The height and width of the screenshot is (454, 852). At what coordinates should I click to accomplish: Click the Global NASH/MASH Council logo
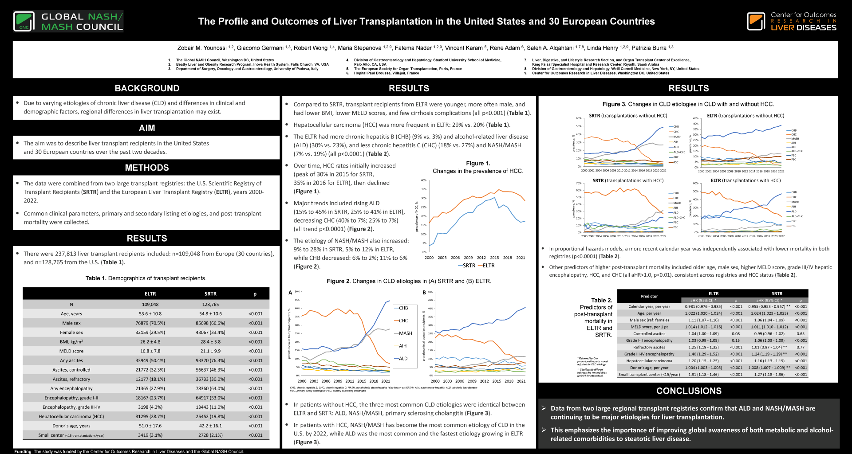pos(68,21)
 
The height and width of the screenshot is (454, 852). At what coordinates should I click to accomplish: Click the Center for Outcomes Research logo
pos(792,21)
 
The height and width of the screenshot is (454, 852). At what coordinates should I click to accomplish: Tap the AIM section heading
pos(147,128)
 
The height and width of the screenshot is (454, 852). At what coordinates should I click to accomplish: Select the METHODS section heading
pos(147,168)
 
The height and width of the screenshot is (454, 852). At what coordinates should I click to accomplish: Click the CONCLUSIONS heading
pos(689,391)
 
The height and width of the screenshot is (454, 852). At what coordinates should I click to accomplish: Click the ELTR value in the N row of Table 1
pos(150,305)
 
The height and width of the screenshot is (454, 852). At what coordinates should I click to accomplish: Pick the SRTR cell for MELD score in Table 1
pos(210,351)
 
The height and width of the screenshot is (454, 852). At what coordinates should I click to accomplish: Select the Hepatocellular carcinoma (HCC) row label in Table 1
pos(71,417)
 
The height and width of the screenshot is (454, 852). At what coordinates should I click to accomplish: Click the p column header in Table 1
pos(255,294)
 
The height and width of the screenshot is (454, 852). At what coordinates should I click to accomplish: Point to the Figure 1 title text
pos(478,167)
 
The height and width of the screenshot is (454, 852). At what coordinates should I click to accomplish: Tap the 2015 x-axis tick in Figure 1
pos(494,258)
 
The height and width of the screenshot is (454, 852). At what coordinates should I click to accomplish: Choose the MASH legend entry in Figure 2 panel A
pos(405,333)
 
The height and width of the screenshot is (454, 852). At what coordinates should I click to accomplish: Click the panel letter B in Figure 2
pos(424,293)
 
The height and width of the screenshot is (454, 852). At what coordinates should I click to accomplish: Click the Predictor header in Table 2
pos(649,296)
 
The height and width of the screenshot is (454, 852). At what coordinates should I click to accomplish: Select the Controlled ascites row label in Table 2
pos(649,334)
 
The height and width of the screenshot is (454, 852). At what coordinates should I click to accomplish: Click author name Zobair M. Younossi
pos(202,48)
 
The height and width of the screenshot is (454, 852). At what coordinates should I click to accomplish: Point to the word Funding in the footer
pos(23,452)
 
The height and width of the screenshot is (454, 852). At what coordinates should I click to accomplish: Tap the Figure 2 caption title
pos(409,281)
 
